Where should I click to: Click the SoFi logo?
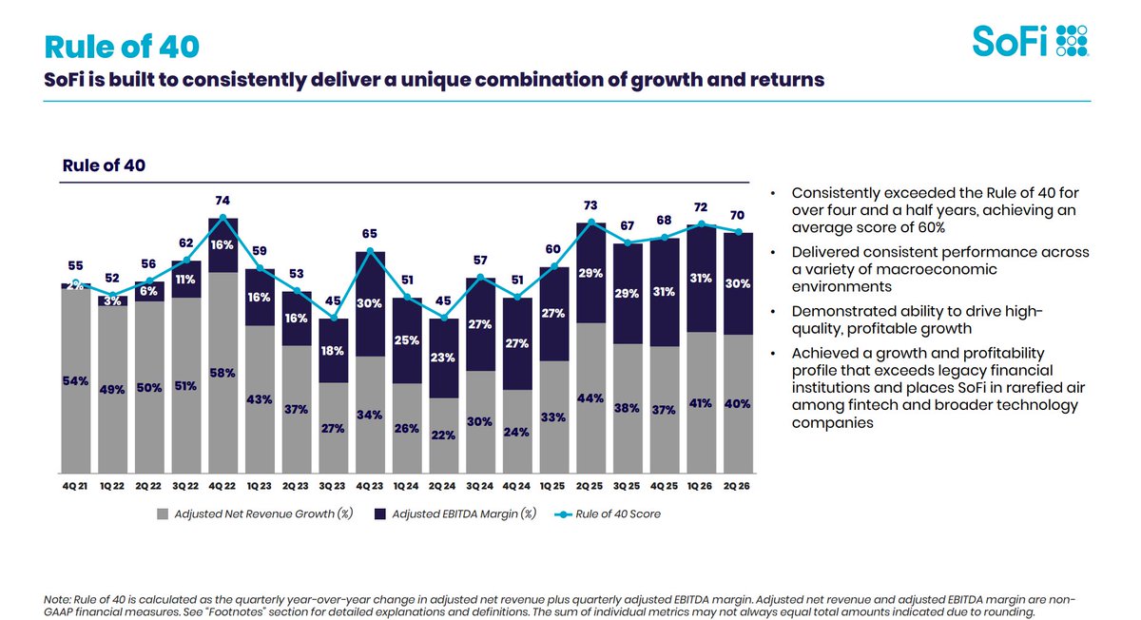(1030, 41)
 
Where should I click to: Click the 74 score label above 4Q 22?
(222, 201)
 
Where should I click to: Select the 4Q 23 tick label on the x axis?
(369, 486)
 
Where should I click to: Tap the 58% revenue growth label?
(222, 373)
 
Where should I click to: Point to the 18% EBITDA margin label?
(333, 351)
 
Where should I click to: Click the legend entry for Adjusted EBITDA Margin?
(455, 514)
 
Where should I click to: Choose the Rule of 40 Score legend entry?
(608, 514)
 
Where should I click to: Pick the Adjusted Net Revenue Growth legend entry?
(255, 514)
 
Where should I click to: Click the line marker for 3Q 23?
(334, 318)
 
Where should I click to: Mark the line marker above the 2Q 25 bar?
(590, 222)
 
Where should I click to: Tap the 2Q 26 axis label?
(737, 486)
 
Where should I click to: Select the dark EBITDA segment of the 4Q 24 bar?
(517, 344)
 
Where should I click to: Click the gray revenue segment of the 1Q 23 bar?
(260, 399)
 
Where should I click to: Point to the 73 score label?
(590, 205)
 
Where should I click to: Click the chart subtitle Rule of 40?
(104, 165)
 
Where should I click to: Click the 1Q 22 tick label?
(112, 486)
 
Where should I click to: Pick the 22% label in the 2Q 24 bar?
(443, 436)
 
